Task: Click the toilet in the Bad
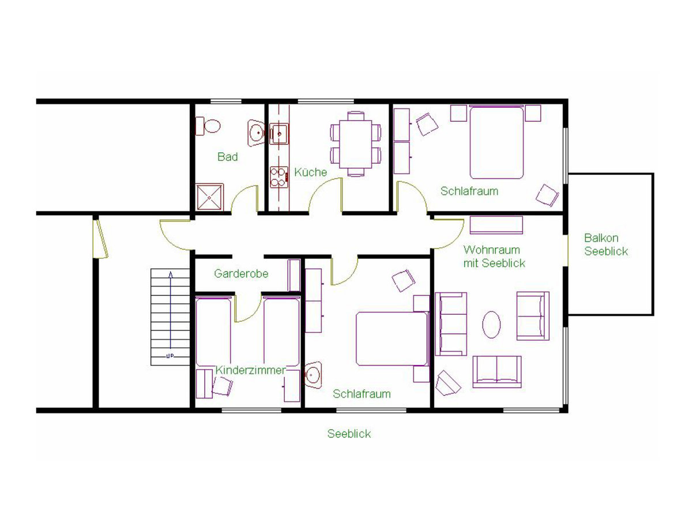pyautogui.click(x=208, y=126)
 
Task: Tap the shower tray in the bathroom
pyautogui.click(x=210, y=197)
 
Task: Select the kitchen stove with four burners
pyautogui.click(x=279, y=178)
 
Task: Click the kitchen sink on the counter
pyautogui.click(x=279, y=134)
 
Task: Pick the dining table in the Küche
pyautogui.click(x=356, y=144)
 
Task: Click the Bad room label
pyautogui.click(x=228, y=157)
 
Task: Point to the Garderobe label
pyautogui.click(x=241, y=273)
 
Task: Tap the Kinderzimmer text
pyautogui.click(x=251, y=370)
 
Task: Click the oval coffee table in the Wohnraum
pyautogui.click(x=491, y=325)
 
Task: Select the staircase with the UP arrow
pyautogui.click(x=170, y=317)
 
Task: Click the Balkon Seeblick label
pyautogui.click(x=606, y=245)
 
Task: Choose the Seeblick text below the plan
pyautogui.click(x=349, y=434)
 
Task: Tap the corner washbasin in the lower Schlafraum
pyautogui.click(x=313, y=375)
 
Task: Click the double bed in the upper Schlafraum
pyautogui.click(x=497, y=142)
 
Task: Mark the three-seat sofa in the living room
pyautogui.click(x=451, y=324)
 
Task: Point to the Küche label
pyautogui.click(x=310, y=172)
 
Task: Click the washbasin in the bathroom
pyautogui.click(x=256, y=133)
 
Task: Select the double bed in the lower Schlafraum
pyautogui.click(x=393, y=339)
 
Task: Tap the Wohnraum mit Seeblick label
pyautogui.click(x=494, y=257)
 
